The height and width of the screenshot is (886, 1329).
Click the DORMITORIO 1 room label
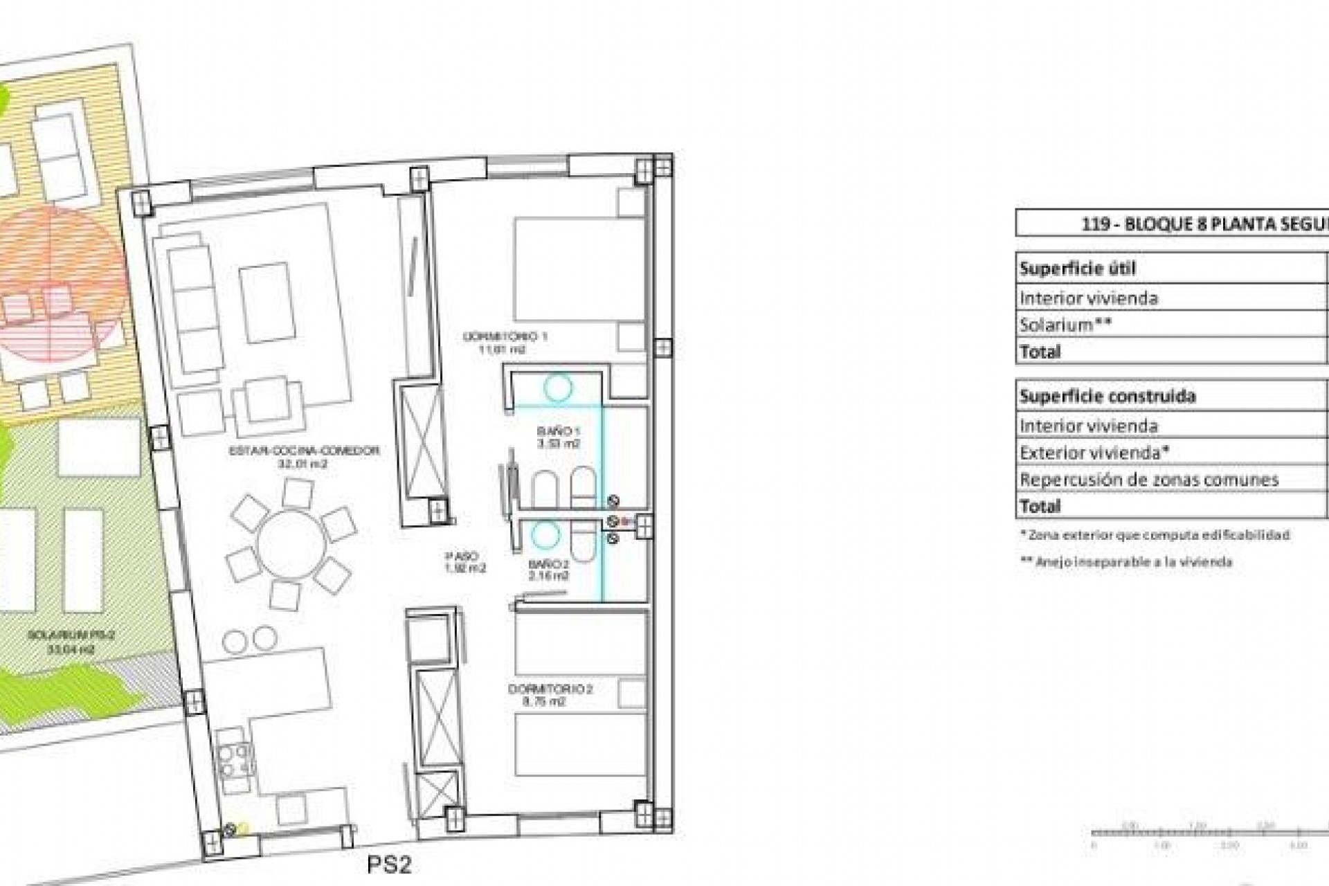tap(505, 343)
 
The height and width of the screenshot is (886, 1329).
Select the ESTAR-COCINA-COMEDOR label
tap(304, 457)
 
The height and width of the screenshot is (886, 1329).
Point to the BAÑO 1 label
tap(557, 437)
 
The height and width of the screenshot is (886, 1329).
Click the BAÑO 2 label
tap(548, 569)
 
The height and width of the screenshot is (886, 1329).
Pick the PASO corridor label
tap(464, 561)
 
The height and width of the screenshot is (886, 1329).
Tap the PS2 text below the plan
tap(388, 866)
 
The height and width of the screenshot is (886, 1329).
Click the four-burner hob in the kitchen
tap(234, 759)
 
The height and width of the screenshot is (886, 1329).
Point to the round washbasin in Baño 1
tap(557, 388)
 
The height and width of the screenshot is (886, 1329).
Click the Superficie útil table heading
tap(1076, 269)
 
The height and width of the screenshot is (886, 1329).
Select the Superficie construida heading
tap(1107, 397)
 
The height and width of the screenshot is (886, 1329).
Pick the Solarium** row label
tap(1065, 325)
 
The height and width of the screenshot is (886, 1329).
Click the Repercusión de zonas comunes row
tap(1148, 480)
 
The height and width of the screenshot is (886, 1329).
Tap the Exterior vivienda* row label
tap(1094, 453)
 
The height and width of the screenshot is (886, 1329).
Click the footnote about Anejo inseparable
tap(1126, 562)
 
